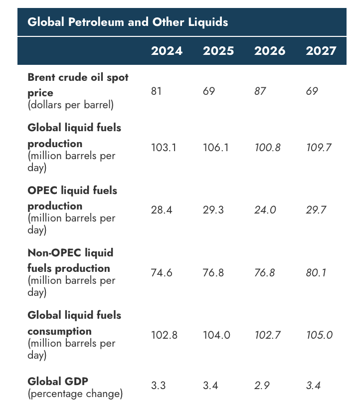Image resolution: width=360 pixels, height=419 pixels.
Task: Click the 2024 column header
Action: [x=167, y=51]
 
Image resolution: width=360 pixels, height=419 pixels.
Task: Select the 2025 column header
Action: [x=218, y=51]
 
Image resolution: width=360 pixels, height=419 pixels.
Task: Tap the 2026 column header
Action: [x=270, y=51]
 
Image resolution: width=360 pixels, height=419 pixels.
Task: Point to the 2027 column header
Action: [x=321, y=51]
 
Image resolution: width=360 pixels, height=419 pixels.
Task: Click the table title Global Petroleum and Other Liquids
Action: [x=128, y=22]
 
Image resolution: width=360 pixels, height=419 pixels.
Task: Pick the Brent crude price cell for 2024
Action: [x=156, y=91]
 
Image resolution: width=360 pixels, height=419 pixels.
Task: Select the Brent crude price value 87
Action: [x=260, y=91]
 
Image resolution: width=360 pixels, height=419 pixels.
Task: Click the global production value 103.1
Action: [x=164, y=148]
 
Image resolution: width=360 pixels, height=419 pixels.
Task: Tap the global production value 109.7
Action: [x=319, y=148]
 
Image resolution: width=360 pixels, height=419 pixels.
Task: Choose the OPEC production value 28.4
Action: [x=162, y=210]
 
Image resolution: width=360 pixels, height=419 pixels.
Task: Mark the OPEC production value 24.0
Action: [x=265, y=210]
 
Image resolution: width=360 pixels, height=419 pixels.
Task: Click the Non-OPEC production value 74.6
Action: [x=162, y=272]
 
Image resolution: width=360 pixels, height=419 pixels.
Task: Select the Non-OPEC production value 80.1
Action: [x=316, y=272]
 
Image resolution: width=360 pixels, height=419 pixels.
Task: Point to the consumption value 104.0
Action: [x=216, y=335]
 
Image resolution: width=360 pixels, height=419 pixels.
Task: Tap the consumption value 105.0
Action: [x=319, y=335]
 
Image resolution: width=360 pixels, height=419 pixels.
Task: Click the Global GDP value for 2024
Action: [x=159, y=386]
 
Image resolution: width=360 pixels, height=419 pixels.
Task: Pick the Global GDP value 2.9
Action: [x=262, y=386]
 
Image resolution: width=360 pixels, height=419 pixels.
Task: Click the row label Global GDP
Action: [x=58, y=381]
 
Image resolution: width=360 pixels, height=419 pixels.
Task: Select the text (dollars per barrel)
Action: [x=70, y=105]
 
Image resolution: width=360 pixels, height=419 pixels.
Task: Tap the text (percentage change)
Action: [x=75, y=394]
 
